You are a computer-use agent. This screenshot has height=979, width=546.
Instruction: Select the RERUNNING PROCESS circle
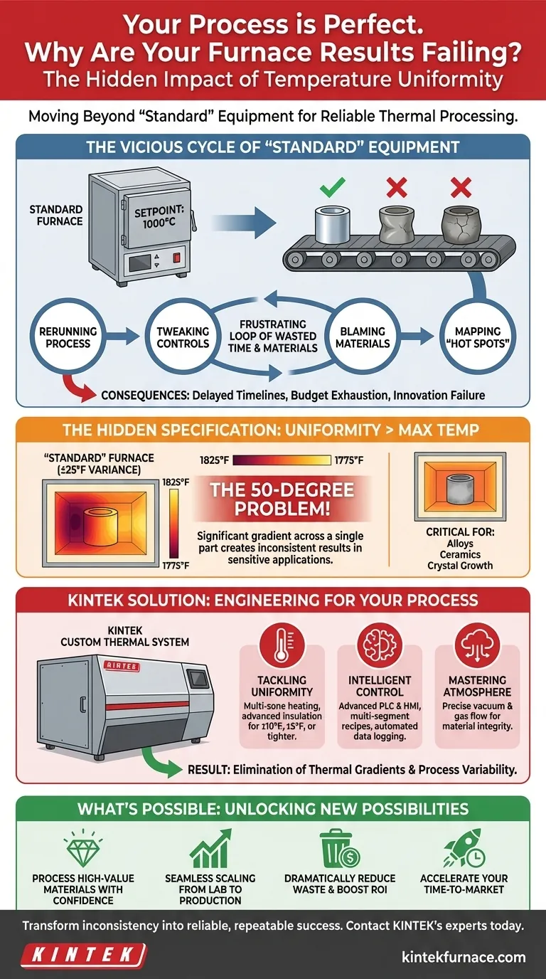coord(64,337)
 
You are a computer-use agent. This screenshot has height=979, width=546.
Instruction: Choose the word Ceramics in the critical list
coord(460,554)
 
